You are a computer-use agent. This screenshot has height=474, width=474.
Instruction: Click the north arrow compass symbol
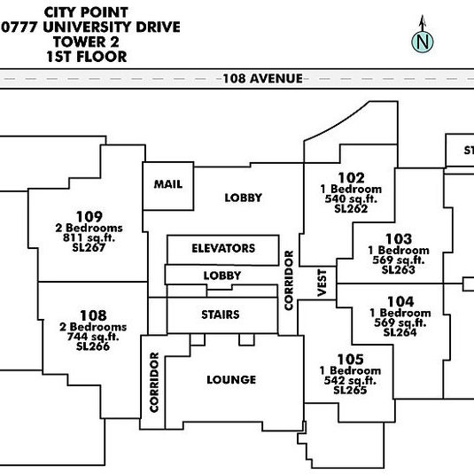(423, 35)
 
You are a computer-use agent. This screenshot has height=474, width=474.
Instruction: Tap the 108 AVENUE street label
(263, 79)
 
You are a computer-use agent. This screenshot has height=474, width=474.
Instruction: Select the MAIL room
(168, 186)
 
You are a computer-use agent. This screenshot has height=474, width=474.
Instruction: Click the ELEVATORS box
(223, 250)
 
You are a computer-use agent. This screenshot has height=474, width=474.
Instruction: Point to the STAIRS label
(221, 315)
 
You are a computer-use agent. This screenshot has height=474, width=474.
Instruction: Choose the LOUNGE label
(231, 380)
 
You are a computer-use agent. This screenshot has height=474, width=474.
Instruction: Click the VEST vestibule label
(322, 283)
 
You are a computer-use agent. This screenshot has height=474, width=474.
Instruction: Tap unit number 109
(89, 216)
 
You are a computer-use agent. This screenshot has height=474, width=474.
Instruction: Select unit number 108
(93, 315)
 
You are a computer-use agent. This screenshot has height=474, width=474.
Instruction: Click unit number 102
(351, 178)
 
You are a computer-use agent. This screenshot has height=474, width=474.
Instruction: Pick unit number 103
(399, 239)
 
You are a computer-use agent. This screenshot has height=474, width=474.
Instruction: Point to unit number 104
(400, 301)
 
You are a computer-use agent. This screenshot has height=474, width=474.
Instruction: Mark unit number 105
(350, 360)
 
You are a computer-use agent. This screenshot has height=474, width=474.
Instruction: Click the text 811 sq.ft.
(89, 238)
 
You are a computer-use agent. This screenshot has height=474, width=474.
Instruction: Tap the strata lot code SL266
(93, 346)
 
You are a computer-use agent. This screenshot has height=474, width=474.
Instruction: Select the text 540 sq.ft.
(351, 199)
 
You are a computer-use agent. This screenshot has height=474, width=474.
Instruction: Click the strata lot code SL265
(350, 390)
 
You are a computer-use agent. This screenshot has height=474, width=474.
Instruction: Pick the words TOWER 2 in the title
(86, 42)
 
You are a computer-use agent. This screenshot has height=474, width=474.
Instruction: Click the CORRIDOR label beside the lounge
(154, 382)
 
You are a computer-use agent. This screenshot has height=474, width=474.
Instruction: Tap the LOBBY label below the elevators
(222, 276)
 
